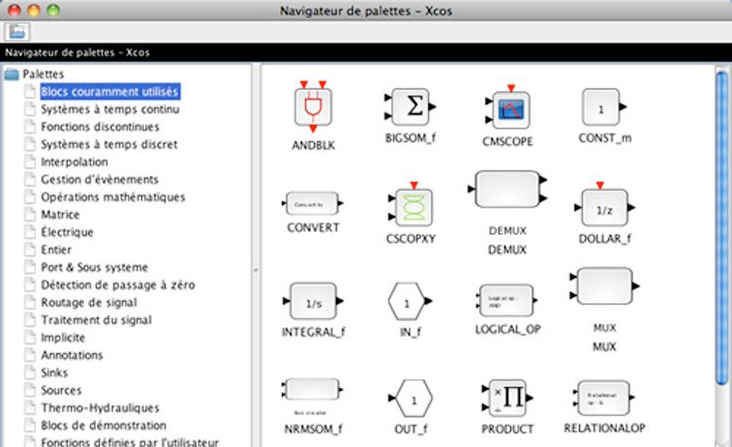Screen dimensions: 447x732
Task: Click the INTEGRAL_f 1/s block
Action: point(313,303)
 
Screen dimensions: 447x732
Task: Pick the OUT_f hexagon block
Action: point(413,399)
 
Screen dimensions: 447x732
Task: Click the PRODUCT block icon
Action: point(506,398)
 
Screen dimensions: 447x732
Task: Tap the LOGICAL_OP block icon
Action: point(506,301)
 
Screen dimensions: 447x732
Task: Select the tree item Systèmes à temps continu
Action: point(108,109)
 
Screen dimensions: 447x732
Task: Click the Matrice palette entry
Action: point(60,215)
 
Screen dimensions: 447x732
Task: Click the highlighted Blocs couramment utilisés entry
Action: point(109,92)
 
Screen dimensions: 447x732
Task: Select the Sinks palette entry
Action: point(55,372)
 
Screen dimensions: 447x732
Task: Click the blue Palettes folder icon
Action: point(12,74)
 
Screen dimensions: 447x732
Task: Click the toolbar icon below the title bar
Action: point(17,31)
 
